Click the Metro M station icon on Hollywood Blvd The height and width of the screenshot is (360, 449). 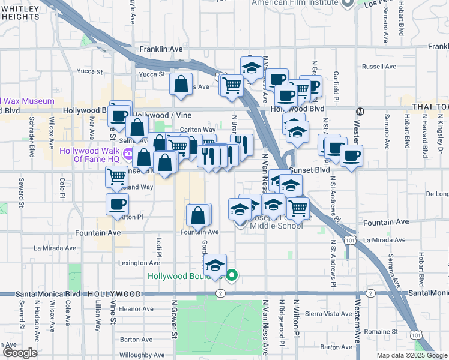pyautogui.click(x=360, y=111)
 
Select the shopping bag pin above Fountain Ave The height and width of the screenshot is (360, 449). pyautogui.click(x=199, y=215)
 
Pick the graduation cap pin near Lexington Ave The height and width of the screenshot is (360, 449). pyautogui.click(x=215, y=266)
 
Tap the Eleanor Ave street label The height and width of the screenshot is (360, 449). pyautogui.click(x=136, y=309)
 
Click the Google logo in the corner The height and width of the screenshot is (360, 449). pyautogui.click(x=20, y=353)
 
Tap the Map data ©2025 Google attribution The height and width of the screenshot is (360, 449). pyautogui.click(x=411, y=355)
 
